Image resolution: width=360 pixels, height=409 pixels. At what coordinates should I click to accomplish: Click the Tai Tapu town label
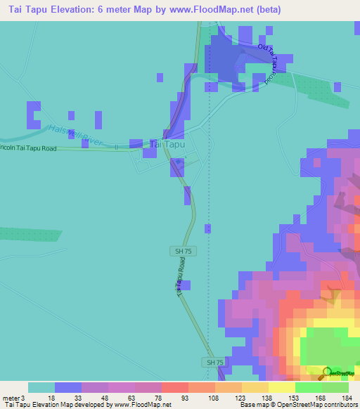(x=167, y=144)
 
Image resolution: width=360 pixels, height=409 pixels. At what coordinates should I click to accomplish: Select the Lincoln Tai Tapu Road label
(x=28, y=148)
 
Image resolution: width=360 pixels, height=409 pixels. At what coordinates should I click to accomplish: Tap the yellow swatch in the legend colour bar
(x=281, y=387)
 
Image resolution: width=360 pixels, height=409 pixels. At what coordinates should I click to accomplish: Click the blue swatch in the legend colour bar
(x=68, y=387)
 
